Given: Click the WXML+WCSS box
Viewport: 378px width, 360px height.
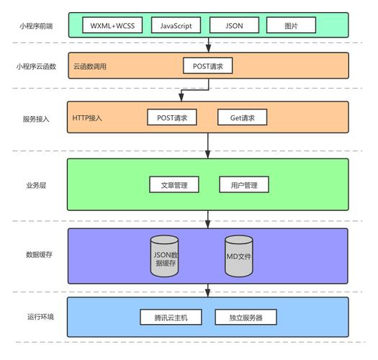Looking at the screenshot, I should (x=112, y=25).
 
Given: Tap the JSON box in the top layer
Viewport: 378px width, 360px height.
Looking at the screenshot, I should (x=234, y=25).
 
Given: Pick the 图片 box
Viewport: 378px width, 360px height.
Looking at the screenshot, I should (x=291, y=25).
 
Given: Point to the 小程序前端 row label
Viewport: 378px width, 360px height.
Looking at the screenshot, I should (x=33, y=26).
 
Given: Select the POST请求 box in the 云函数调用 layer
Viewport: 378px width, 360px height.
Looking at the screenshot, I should (x=208, y=66).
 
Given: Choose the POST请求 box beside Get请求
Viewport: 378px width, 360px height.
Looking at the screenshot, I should (x=172, y=117).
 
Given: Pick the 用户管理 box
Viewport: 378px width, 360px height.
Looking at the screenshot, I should (x=244, y=185).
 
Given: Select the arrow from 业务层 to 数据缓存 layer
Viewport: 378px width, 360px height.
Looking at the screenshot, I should (x=208, y=218).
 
